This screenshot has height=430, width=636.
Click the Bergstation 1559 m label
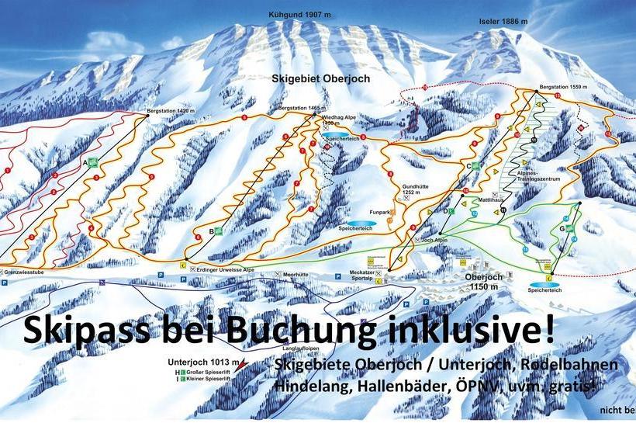[562, 87]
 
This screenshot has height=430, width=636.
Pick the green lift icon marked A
[92, 161]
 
